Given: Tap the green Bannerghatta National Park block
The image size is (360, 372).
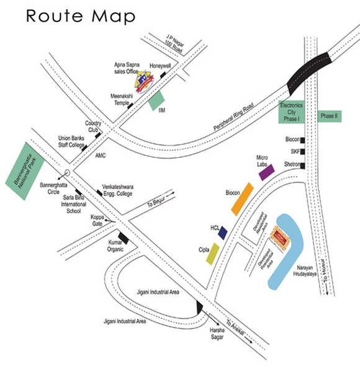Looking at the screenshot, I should [31, 171].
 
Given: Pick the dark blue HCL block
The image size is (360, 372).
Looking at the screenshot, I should [222, 232].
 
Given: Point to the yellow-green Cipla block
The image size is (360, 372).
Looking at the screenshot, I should [214, 253].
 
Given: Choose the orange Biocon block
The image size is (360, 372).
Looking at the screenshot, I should [242, 198].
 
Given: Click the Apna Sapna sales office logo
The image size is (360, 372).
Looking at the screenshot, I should [143, 81].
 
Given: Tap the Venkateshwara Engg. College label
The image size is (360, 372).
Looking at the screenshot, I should [128, 190].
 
